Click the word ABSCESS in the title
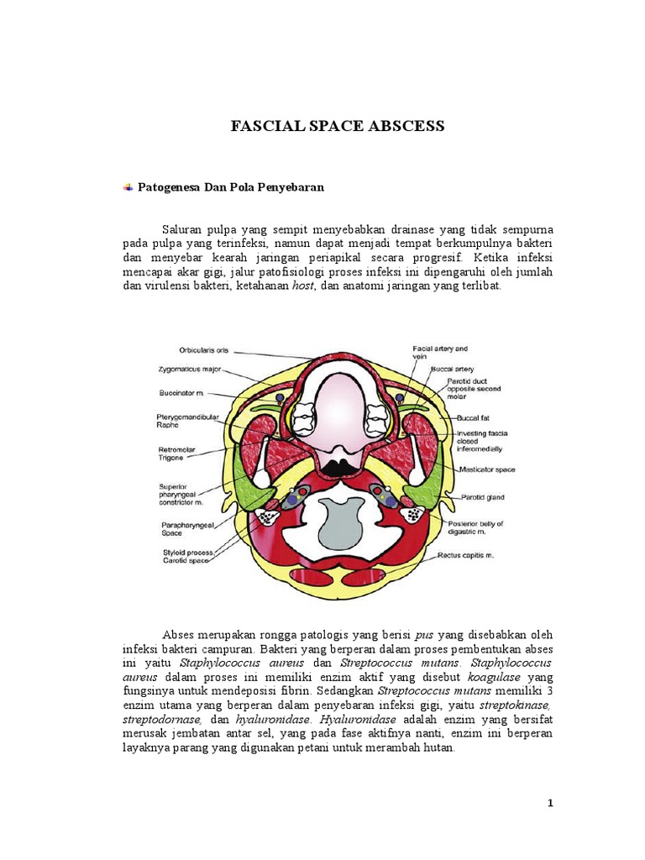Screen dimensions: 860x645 click(399, 127)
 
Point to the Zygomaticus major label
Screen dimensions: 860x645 click(194, 369)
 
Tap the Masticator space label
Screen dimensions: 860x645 click(488, 469)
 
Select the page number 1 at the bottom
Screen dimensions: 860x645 click(551, 803)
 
